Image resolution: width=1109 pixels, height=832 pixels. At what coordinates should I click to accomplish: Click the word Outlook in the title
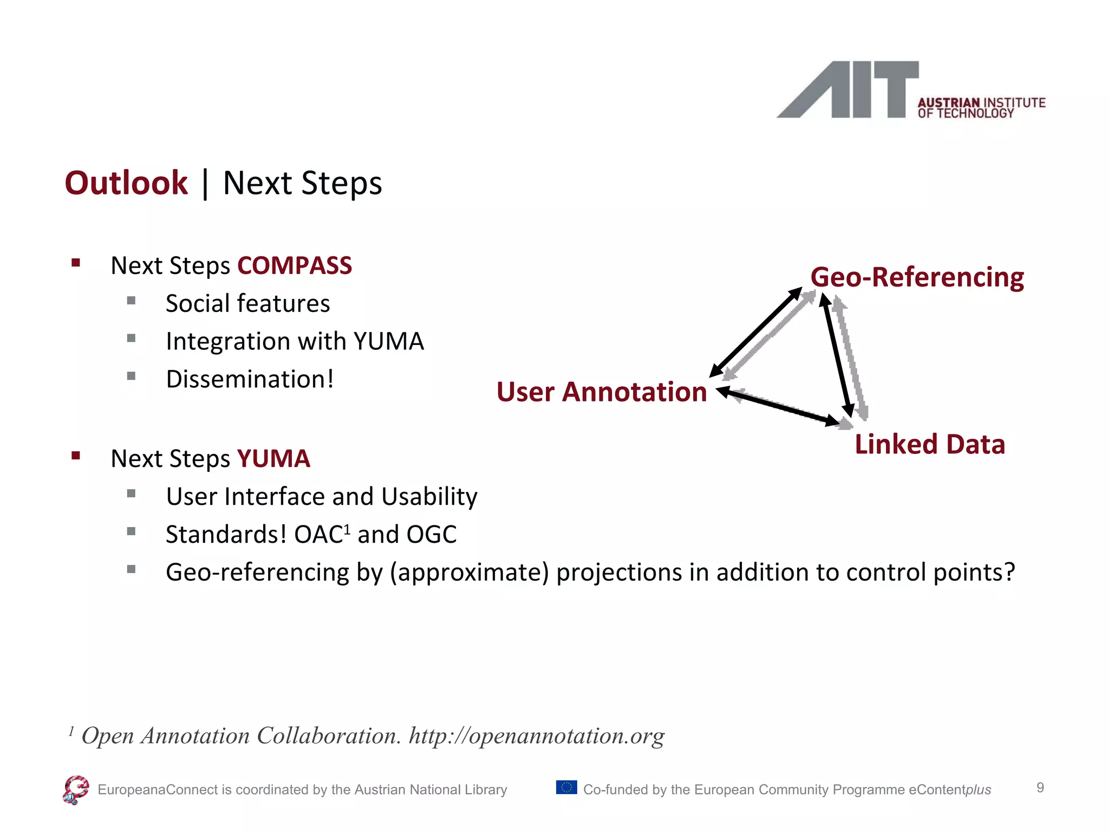[x=126, y=183]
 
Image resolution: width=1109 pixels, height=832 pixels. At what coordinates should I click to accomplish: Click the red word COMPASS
[x=295, y=266]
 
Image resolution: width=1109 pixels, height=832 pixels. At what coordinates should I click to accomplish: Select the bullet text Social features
[x=247, y=303]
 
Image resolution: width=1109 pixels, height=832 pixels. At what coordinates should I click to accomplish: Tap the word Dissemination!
[x=250, y=379]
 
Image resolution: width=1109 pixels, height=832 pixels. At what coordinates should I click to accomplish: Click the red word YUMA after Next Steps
[x=273, y=459]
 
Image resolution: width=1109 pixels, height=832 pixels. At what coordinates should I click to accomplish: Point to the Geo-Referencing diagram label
[x=917, y=277]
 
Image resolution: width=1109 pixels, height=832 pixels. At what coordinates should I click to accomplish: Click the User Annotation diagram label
[x=602, y=392]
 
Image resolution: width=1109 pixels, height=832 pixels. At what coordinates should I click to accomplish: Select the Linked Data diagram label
[x=929, y=444]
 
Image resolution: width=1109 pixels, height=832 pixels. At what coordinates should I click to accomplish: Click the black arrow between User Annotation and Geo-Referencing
[x=755, y=333]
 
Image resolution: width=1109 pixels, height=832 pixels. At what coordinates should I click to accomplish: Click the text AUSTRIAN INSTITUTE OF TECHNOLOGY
[x=980, y=108]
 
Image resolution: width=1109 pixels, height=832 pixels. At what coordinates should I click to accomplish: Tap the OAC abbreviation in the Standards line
[x=318, y=535]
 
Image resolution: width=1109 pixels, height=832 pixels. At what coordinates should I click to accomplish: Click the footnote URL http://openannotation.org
[x=536, y=736]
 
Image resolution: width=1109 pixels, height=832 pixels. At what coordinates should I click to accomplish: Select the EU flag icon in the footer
[x=566, y=787]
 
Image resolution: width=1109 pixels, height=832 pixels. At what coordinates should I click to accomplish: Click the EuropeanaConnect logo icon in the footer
[x=75, y=790]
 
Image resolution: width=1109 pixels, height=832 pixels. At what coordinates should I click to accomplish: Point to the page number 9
[x=1040, y=788]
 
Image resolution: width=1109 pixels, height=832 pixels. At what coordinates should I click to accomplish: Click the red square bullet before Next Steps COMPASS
[x=76, y=264]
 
